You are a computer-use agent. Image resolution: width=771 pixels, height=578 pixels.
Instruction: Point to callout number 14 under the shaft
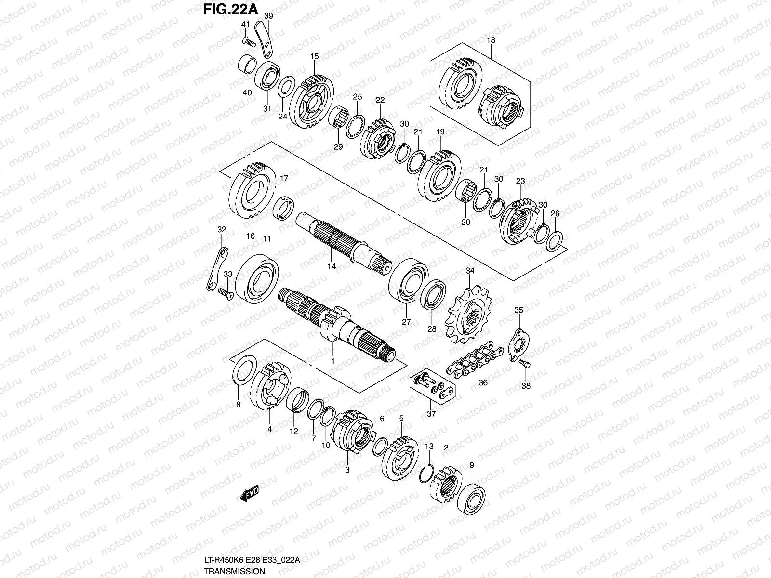[x=332, y=266]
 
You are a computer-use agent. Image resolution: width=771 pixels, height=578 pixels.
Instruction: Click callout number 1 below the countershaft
[x=332, y=361]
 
